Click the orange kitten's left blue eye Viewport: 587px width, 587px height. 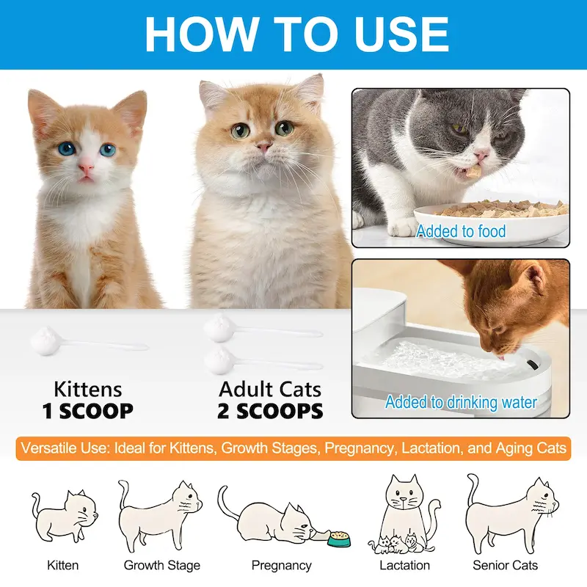point(67,149)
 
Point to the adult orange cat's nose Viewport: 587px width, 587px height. point(264,146)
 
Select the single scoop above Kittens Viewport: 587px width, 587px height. point(88,340)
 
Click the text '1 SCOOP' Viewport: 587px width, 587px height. point(87,411)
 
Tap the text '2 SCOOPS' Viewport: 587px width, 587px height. point(270,411)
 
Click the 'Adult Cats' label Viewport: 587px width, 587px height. point(270,390)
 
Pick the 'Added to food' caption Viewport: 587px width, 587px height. point(461,231)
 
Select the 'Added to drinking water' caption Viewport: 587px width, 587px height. point(461,402)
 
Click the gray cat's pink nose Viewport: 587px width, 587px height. point(481,154)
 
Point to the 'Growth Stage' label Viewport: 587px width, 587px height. point(161,565)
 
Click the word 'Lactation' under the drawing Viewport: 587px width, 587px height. point(404,565)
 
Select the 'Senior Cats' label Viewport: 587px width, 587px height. point(505,565)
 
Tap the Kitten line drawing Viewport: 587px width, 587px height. point(65,517)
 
